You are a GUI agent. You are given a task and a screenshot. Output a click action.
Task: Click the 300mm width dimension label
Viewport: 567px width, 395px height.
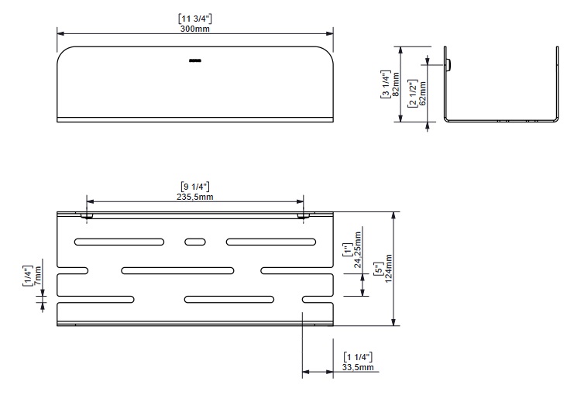pyautogui.click(x=195, y=29)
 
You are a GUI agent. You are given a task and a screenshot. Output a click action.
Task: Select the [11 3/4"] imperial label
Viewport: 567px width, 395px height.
pyautogui.click(x=195, y=19)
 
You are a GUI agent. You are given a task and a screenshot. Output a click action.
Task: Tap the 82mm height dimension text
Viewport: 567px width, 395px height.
pyautogui.click(x=396, y=84)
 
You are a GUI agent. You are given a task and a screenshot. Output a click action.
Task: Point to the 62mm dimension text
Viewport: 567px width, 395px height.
pyautogui.click(x=422, y=93)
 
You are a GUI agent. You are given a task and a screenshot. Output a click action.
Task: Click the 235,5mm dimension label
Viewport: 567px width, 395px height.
pyautogui.click(x=195, y=197)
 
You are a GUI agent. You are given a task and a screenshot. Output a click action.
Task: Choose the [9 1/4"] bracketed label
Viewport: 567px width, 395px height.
pyautogui.click(x=195, y=187)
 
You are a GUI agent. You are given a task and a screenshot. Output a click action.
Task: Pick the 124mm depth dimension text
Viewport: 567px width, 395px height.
pyautogui.click(x=388, y=269)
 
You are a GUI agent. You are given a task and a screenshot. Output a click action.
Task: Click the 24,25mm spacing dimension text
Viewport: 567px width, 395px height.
pyautogui.click(x=358, y=250)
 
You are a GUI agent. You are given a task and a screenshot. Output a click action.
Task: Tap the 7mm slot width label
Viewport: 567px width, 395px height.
pyautogui.click(x=38, y=276)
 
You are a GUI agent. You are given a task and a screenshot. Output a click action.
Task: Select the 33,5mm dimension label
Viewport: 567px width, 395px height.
pyautogui.click(x=358, y=368)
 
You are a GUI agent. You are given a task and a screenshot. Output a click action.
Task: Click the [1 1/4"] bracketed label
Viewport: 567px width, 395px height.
pyautogui.click(x=358, y=357)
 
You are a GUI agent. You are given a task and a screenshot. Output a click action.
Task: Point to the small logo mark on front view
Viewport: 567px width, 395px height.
pyautogui.click(x=195, y=60)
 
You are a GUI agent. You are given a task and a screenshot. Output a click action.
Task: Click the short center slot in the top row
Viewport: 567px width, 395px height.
pyautogui.click(x=195, y=242)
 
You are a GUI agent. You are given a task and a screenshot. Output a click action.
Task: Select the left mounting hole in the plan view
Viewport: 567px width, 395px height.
pyautogui.click(x=87, y=216)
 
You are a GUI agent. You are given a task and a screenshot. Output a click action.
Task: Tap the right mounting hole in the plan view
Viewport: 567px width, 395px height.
pyautogui.click(x=304, y=216)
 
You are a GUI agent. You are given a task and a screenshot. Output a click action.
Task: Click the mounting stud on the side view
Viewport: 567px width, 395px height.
pyautogui.click(x=448, y=65)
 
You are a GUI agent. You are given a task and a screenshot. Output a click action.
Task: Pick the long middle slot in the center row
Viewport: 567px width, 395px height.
pyautogui.click(x=177, y=270)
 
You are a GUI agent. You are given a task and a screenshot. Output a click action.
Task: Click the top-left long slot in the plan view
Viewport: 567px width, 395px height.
pyautogui.click(x=119, y=242)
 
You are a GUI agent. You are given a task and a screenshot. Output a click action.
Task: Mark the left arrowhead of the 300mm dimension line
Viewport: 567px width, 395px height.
pyautogui.click(x=60, y=33)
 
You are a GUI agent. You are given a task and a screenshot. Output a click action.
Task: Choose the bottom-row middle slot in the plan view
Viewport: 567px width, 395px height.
pyautogui.click(x=229, y=300)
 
